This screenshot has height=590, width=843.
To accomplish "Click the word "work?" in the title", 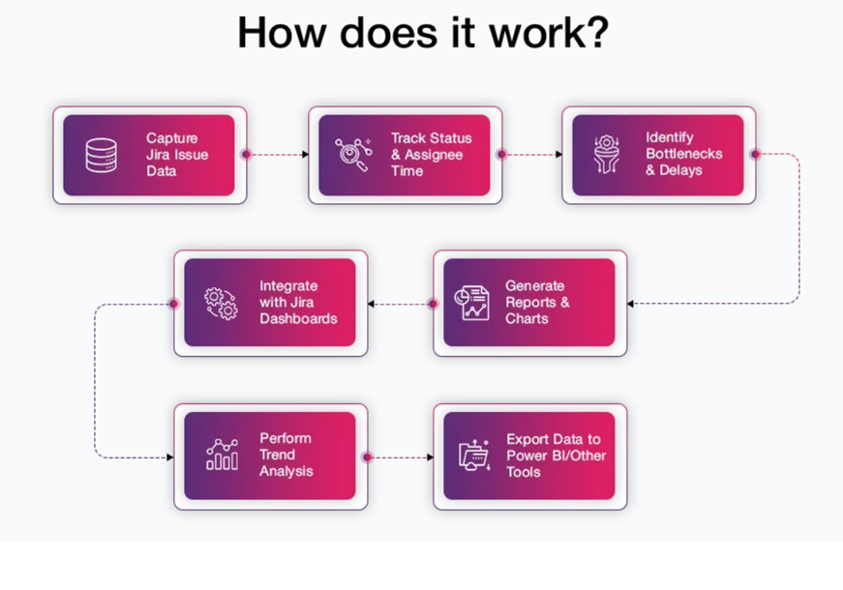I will tap(543, 33).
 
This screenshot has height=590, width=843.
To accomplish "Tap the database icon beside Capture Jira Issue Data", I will tap(102, 155).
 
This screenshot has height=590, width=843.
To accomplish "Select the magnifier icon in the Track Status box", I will tap(352, 155).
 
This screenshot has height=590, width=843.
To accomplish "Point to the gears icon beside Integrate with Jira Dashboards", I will tap(221, 303).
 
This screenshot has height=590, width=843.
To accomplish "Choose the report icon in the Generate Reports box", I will tap(473, 303).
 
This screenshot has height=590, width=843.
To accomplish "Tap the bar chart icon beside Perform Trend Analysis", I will tap(222, 455).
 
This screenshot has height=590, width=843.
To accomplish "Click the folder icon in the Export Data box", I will tap(474, 456).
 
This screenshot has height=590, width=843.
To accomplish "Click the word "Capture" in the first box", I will tap(172, 138).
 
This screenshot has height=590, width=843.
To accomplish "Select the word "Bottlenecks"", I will tap(684, 154).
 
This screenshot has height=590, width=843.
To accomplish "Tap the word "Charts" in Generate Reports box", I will tap(527, 318).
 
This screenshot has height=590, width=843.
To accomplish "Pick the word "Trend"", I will tap(278, 455).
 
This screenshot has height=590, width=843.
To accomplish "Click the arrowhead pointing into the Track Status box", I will tap(304, 154).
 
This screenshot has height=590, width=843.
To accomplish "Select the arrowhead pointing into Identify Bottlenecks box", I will tap(558, 154).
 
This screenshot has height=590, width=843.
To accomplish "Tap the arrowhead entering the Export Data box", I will tap(430, 457).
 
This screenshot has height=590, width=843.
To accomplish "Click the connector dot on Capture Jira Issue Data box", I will tap(246, 154).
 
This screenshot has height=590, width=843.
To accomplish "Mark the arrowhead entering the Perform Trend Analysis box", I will tap(170, 457).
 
